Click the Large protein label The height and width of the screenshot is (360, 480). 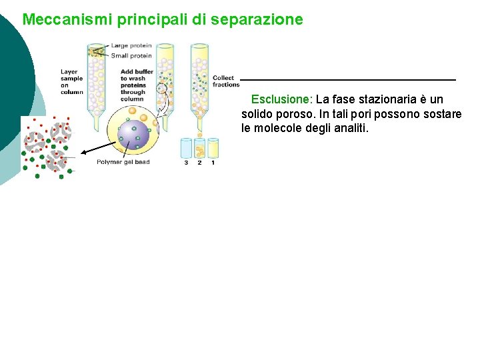[131, 46]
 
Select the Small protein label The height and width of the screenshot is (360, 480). [131, 56]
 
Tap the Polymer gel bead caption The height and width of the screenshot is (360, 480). [123, 162]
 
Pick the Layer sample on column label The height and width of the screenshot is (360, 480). [71, 81]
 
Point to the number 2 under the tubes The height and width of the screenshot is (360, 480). [199, 163]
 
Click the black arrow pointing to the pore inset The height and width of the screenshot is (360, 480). [97, 148]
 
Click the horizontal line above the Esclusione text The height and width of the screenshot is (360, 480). [348, 81]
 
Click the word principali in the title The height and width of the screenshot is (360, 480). [153, 19]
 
